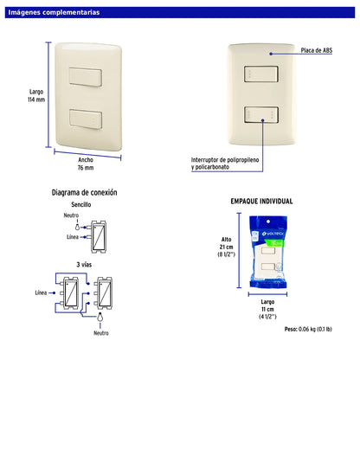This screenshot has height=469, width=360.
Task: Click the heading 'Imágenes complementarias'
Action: (54, 13)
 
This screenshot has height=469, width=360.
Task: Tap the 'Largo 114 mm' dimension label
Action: (36, 96)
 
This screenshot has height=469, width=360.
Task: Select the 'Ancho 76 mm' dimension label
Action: (86, 164)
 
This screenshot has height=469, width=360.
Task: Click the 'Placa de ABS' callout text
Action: (317, 50)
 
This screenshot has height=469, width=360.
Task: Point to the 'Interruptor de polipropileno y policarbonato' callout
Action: (225, 164)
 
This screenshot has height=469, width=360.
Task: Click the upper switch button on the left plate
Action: (86, 77)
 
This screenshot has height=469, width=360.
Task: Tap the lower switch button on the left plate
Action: (86, 119)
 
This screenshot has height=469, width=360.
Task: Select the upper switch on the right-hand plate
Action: (261, 74)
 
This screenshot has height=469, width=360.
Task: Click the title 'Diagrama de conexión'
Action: (85, 192)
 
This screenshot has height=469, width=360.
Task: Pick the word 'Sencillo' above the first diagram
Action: (81, 204)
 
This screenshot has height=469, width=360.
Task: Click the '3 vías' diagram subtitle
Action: (84, 265)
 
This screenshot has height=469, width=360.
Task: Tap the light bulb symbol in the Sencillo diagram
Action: (78, 227)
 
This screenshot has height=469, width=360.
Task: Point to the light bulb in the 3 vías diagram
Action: (100, 317)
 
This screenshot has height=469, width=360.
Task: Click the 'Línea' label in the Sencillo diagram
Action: (73, 237)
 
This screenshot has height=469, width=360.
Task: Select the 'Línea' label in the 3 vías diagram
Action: (41, 292)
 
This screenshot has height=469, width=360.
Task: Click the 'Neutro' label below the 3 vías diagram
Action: (101, 333)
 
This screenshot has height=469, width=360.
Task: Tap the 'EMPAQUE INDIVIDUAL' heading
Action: (261, 202)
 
